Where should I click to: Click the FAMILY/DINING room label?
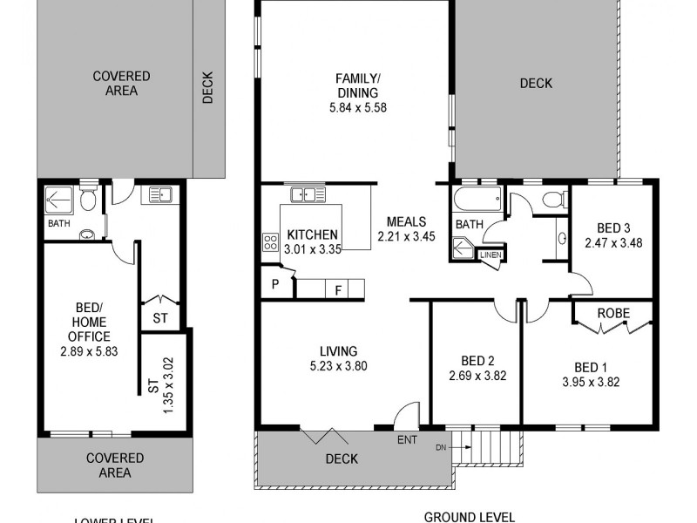point(357,85)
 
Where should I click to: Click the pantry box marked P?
point(275,284)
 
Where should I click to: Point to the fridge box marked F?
point(337,289)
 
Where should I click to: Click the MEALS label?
point(405,221)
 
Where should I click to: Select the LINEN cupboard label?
point(491,255)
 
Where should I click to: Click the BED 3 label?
point(613,228)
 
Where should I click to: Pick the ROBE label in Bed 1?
point(613,312)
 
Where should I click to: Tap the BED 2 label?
point(477,361)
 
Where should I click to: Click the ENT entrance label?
point(407,439)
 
